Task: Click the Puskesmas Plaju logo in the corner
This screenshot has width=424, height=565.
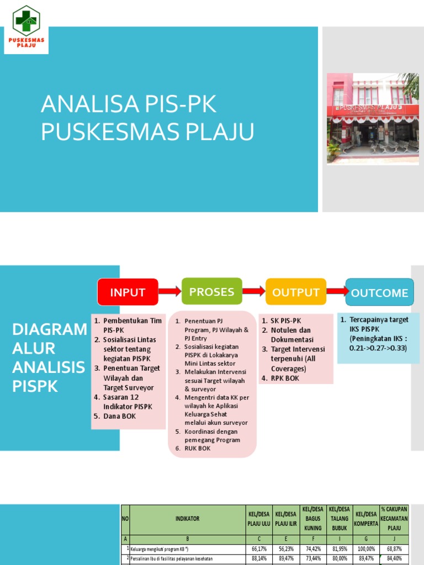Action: click(x=26, y=29)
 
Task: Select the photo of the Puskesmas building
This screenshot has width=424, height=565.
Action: click(x=373, y=118)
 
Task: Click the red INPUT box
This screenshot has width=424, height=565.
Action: click(x=128, y=292)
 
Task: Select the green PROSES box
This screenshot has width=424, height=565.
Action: click(x=211, y=292)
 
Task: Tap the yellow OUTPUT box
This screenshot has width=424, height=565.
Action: click(x=296, y=292)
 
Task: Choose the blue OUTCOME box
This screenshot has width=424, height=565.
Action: click(x=379, y=293)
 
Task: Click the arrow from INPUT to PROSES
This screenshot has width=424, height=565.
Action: click(x=170, y=291)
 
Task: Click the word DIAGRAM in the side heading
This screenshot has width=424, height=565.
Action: click(x=50, y=329)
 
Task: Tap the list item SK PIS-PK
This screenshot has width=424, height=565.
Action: click(x=286, y=321)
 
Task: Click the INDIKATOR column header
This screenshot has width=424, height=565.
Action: click(x=187, y=519)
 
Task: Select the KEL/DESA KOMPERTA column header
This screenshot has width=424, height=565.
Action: click(x=366, y=519)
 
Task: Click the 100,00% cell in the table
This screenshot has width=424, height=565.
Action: click(x=366, y=548)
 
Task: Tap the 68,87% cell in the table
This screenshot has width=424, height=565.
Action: click(x=394, y=548)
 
